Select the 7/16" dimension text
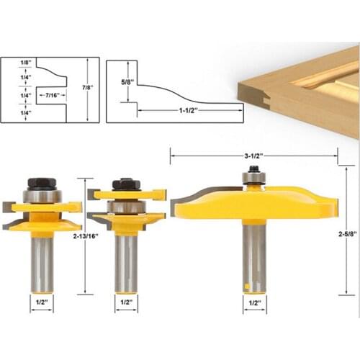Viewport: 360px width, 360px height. pyautogui.click(x=53, y=94)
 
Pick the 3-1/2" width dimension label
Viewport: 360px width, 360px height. pyautogui.click(x=252, y=155)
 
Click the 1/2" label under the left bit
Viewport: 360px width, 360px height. pyautogui.click(x=41, y=300)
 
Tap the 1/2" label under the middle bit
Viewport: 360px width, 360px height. pyautogui.click(x=125, y=300)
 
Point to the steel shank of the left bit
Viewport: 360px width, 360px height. pyautogui.click(x=41, y=259)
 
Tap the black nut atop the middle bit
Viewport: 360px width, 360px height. pyautogui.click(x=126, y=184)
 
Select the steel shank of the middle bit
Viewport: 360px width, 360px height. pyautogui.click(x=126, y=263)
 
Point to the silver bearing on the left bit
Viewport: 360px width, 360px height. pyautogui.click(x=41, y=195)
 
